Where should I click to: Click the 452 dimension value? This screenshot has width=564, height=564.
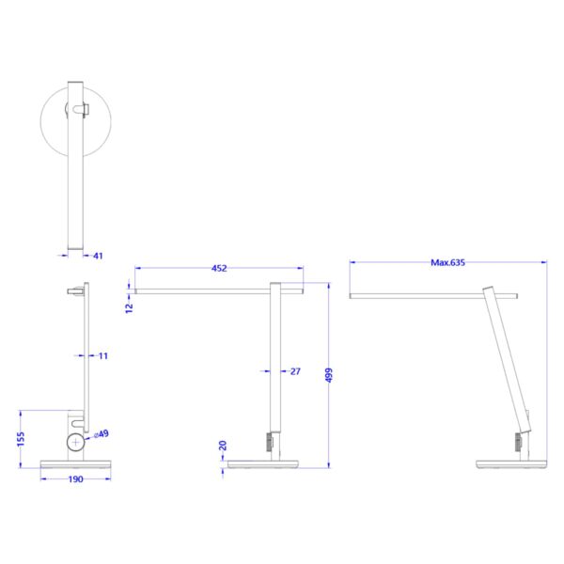click(x=218, y=269)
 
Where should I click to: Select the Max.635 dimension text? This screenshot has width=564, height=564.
click(x=448, y=263)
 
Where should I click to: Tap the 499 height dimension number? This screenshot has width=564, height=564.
click(x=328, y=374)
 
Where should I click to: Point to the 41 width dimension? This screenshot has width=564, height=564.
click(x=97, y=255)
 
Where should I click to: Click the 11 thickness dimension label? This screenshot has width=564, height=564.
click(x=103, y=356)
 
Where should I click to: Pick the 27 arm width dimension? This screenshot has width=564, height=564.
click(x=295, y=372)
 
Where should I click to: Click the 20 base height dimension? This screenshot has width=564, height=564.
click(x=222, y=446)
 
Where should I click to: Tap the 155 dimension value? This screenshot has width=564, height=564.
click(x=21, y=438)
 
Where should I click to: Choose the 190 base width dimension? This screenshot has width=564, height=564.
click(x=76, y=479)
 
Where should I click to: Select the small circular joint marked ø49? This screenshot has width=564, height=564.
click(x=75, y=444)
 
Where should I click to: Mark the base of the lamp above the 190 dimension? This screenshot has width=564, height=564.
click(x=76, y=464)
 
